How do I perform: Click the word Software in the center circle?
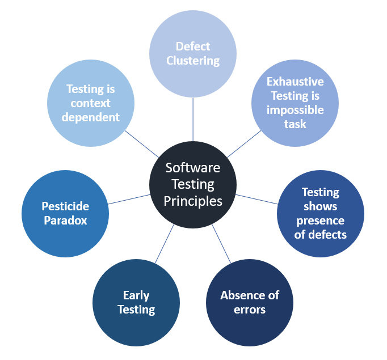pos(193,168)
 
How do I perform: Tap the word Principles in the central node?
pos(193,201)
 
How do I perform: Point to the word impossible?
pos(295,109)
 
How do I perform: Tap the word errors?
pos(250,310)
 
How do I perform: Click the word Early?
pos(136,295)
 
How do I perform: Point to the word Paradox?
pos(65,221)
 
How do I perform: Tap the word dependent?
pos(91,117)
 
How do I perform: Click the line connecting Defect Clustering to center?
pos(193,119)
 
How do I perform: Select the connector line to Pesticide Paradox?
pos(129,199)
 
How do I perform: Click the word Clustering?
pos(193,60)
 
